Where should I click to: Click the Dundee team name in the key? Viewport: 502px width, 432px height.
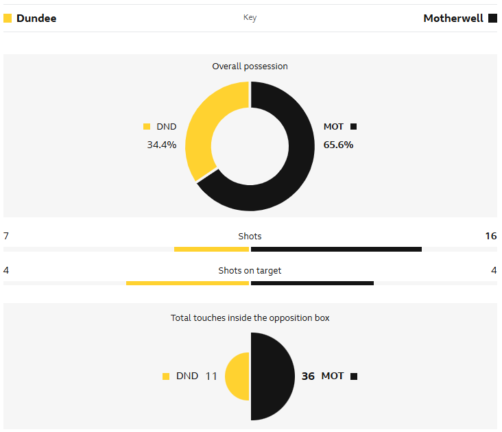[36, 19]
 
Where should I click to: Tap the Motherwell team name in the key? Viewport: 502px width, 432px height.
[453, 19]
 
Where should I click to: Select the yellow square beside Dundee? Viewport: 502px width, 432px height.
[8, 19]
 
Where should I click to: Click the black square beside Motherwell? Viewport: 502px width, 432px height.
[492, 19]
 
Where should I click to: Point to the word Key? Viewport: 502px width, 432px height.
[250, 18]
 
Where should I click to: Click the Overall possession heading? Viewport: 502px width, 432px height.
[250, 67]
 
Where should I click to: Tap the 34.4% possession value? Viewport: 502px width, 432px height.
[161, 145]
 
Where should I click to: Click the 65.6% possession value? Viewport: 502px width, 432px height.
[338, 145]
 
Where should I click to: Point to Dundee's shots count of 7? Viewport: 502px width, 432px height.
[6, 236]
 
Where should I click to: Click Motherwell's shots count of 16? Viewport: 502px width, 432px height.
[490, 236]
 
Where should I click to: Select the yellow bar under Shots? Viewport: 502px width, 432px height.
[211, 249]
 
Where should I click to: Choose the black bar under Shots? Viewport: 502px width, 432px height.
[336, 249]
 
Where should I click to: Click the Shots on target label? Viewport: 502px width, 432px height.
[250, 270]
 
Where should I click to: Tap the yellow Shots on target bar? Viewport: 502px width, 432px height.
[187, 283]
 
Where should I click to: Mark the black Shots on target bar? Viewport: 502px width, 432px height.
[312, 283]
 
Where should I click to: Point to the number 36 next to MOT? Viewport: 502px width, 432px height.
[308, 376]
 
